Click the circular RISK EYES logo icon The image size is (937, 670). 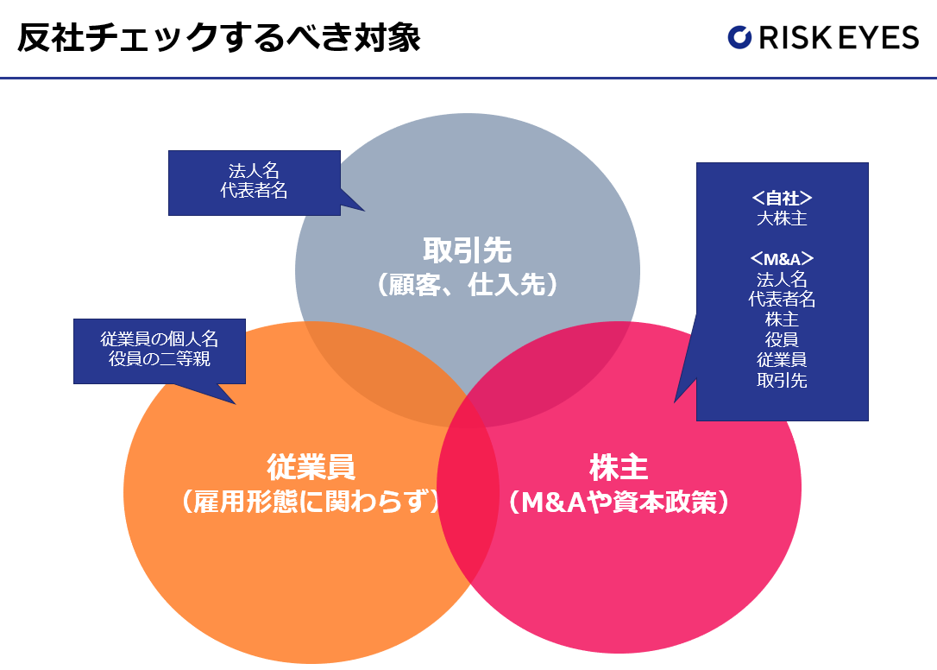pyautogui.click(x=740, y=37)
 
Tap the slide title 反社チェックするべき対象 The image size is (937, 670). pyautogui.click(x=218, y=37)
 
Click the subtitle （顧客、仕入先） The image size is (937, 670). pyautogui.click(x=468, y=284)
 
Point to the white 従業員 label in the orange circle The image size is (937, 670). pyautogui.click(x=311, y=468)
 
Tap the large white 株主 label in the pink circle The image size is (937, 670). pyautogui.click(x=619, y=468)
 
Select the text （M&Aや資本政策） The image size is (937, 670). pyautogui.click(x=619, y=502)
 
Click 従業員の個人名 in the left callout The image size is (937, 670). pyautogui.click(x=159, y=339)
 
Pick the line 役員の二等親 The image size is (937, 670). pyautogui.click(x=159, y=359)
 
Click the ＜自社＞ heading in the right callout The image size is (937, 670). pyautogui.click(x=782, y=198)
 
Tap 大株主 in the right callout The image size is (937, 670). pyautogui.click(x=782, y=218)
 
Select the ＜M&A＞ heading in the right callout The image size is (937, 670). pyautogui.click(x=782, y=259)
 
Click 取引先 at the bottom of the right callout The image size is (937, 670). pyautogui.click(x=782, y=380)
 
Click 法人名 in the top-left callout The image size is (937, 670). pyautogui.click(x=254, y=171)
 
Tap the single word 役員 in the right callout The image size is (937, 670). pyautogui.click(x=782, y=339)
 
